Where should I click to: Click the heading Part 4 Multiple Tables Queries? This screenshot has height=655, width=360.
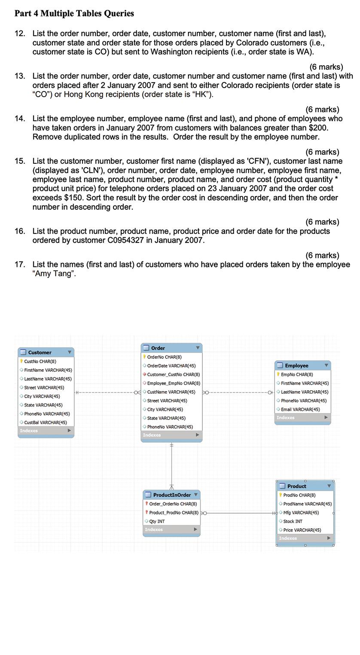pos(74,13)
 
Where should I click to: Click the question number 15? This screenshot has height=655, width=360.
pos(20,161)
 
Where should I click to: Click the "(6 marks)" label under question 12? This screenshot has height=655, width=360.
pos(326,67)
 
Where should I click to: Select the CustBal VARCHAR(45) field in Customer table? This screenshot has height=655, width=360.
pos(45,422)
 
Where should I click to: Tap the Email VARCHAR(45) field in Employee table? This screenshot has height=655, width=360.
pos(300,410)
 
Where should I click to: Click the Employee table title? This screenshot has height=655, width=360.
pos(296,366)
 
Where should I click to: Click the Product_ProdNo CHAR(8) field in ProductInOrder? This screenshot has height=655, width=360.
pos(174,513)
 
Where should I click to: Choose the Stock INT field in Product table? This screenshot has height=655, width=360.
pos(293,521)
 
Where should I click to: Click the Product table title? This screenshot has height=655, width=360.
pos(296,486)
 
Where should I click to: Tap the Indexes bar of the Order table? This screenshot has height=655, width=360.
pos(171,435)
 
